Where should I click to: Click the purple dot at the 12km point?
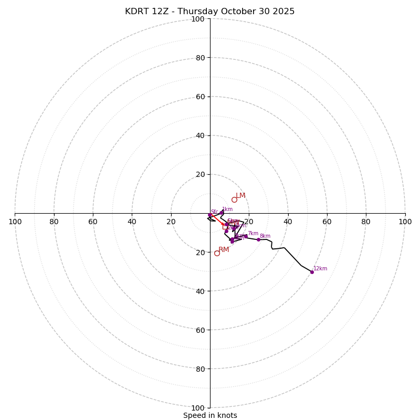pyautogui.click(x=312, y=272)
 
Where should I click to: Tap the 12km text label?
pyautogui.click(x=320, y=269)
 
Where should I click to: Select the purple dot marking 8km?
pyautogui.click(x=258, y=239)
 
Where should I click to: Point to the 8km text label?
pyautogui.click(x=265, y=236)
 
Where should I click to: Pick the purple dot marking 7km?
pyautogui.click(x=246, y=236)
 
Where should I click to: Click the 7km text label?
pyautogui.click(x=253, y=234)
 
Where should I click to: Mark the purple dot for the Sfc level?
pyautogui.click(x=210, y=215)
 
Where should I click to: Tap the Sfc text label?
pyautogui.click(x=214, y=212)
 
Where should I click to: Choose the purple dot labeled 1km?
pyautogui.click(x=222, y=212)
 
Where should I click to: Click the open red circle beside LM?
pyautogui.click(x=234, y=199)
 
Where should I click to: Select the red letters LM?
pyautogui.click(x=240, y=196)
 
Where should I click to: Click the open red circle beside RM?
pyautogui.click(x=217, y=253)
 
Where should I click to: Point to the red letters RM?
pyautogui.click(x=224, y=250)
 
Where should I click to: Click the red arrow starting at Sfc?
pyautogui.click(x=217, y=220)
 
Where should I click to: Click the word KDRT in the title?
pyautogui.click(x=137, y=12)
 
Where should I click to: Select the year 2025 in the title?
pyautogui.click(x=283, y=12)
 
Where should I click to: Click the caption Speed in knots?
pyautogui.click(x=210, y=415)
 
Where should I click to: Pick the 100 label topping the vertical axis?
pyautogui.click(x=198, y=19)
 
